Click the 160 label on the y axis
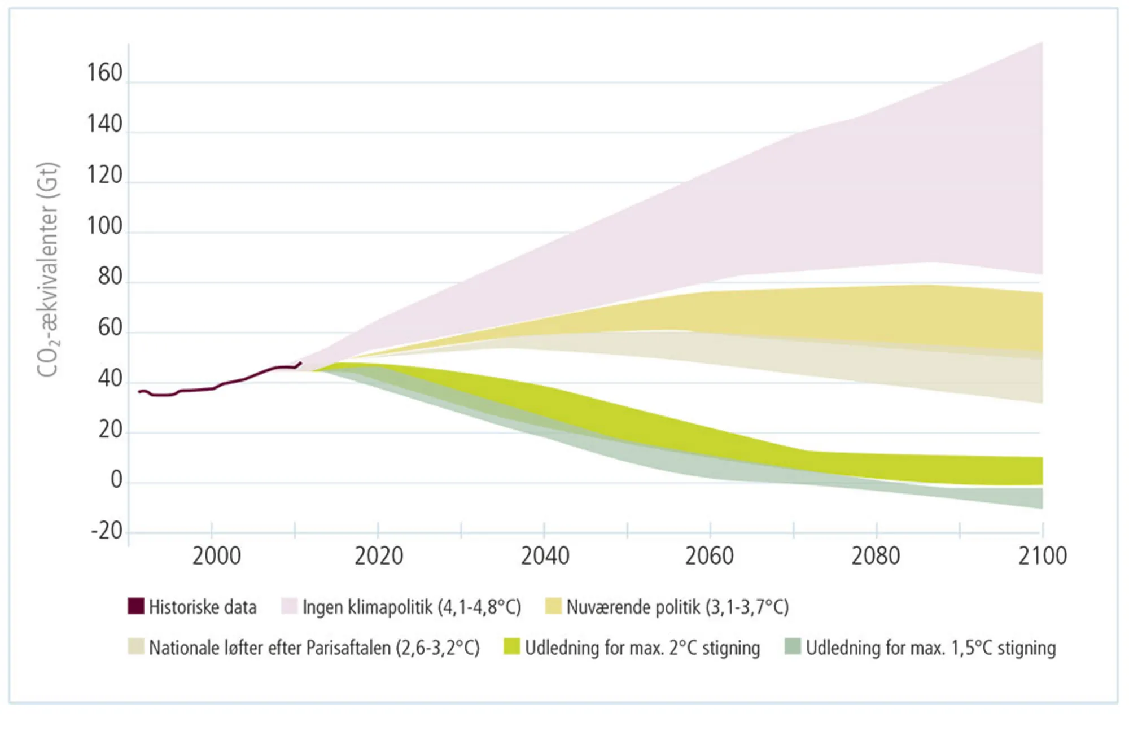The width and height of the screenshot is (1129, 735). [x=104, y=73]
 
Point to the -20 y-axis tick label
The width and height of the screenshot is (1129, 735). [x=107, y=531]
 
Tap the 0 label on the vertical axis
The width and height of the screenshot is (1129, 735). [x=116, y=480]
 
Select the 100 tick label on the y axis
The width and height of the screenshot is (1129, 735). [x=104, y=226]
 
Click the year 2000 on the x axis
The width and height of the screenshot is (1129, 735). [x=216, y=557]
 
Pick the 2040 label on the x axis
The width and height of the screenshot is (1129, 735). [x=545, y=557]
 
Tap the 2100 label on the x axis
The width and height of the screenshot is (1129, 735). [x=1042, y=557]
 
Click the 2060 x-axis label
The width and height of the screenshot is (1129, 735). [x=709, y=557]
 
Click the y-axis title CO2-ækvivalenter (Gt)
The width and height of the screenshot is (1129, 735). [x=47, y=270]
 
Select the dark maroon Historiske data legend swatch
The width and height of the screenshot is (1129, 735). [x=136, y=606]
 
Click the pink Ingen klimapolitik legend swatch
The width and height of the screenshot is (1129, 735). [x=290, y=606]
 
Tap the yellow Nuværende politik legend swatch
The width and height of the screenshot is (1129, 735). [x=553, y=606]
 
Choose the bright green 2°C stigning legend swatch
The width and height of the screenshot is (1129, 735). [x=511, y=647]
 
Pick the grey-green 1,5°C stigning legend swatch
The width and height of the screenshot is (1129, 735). [x=793, y=647]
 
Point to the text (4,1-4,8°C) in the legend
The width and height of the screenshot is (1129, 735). [x=479, y=607]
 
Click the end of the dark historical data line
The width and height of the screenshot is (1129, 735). [x=300, y=363]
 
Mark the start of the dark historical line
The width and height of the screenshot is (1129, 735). [x=139, y=392]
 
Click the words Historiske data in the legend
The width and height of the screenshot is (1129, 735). [x=203, y=607]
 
